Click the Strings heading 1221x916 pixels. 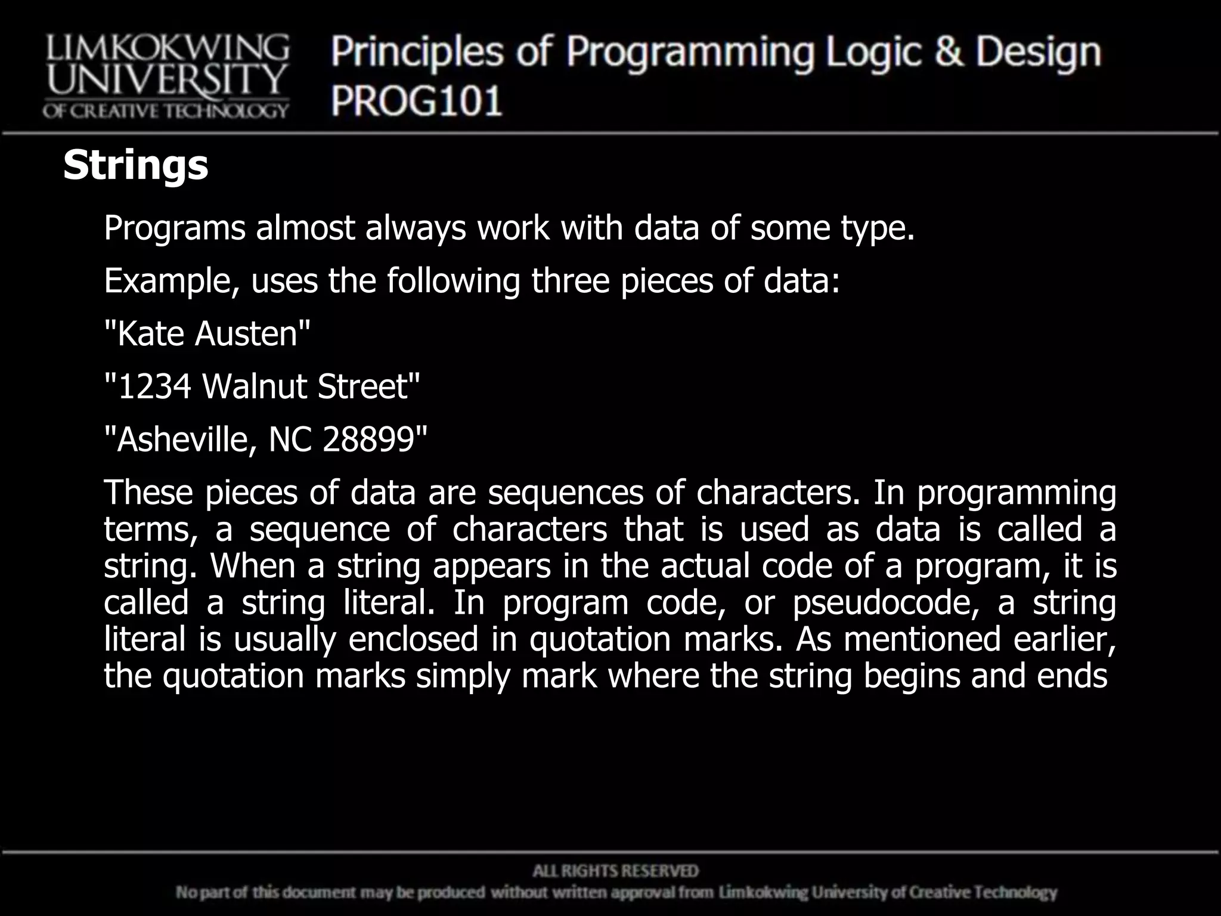tap(135, 165)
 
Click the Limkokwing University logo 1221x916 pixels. tap(166, 76)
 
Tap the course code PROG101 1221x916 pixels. tap(417, 101)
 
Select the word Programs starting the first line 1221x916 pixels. tap(174, 228)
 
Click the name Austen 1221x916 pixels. tap(246, 333)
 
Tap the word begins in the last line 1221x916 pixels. tap(912, 676)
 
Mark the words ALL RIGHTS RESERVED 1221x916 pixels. tap(615, 871)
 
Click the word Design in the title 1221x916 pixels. tap(1038, 53)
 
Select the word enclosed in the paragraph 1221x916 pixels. tap(413, 639)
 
